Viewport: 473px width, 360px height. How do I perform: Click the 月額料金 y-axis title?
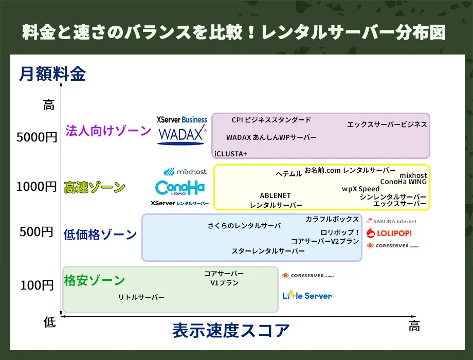52,74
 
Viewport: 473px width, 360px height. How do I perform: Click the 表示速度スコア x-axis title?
231,330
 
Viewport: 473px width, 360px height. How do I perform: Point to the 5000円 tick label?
37,137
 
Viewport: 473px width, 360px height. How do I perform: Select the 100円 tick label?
37,285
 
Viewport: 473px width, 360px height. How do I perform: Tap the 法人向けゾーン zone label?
108,131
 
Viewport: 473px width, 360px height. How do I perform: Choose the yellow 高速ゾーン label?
94,187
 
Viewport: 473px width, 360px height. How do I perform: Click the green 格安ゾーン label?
94,280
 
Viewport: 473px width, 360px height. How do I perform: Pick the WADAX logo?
182,135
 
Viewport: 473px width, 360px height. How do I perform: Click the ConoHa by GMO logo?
180,188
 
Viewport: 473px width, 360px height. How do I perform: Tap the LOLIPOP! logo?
389,233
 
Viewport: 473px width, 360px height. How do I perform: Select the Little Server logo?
307,295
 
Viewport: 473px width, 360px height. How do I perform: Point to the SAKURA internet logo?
391,221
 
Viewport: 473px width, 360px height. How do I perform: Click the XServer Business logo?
182,119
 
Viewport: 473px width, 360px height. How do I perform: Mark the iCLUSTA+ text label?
231,154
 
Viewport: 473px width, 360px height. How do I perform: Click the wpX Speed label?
360,189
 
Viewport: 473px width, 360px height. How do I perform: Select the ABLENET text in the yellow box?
275,195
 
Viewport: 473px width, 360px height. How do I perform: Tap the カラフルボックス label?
332,219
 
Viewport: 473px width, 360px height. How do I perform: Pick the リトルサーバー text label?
141,297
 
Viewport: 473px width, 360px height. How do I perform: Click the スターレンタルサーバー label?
268,251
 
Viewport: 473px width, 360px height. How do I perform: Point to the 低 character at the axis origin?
49,322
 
